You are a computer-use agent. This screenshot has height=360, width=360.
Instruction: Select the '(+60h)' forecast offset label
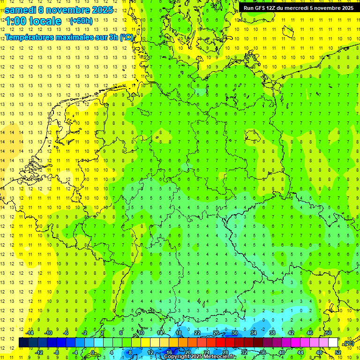81,21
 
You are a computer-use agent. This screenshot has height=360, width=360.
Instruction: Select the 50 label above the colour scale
329,333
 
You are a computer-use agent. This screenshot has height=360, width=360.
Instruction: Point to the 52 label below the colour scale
338,352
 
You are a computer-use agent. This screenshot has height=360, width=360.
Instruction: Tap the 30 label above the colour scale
235,333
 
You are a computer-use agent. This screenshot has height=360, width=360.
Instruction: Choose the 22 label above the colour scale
197,333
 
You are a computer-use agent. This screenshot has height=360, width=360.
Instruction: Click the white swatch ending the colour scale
333,342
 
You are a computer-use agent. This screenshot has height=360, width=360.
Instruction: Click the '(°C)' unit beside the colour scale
349,343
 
